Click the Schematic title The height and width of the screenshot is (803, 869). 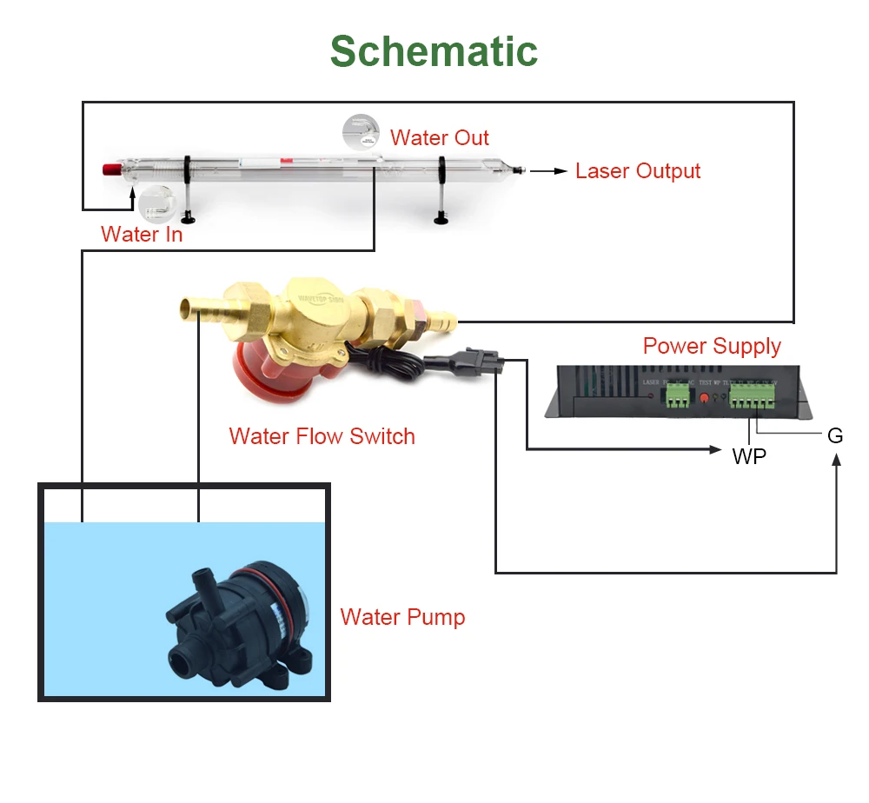coord(434,51)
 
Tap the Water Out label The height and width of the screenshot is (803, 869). coord(439,137)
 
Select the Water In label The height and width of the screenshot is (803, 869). coord(142,234)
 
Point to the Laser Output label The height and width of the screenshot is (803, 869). coord(638,170)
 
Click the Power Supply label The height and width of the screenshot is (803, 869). coord(712,346)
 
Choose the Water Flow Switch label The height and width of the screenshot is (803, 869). coord(322,435)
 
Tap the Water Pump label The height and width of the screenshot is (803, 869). coord(402,617)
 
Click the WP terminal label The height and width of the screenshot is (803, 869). coord(749,455)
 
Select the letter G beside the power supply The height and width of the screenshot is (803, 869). coord(835,435)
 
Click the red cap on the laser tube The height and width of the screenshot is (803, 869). coord(110,169)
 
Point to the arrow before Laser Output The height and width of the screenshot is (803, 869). coord(548,171)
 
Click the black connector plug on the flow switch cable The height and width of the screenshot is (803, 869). coord(476,360)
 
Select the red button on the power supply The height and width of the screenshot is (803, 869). coord(703,399)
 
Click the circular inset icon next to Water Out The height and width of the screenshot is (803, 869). coord(361,132)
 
